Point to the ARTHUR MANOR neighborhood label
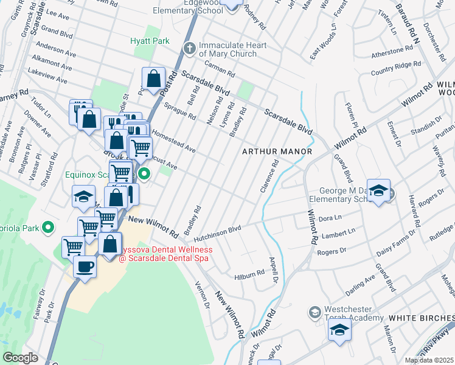point(277,151)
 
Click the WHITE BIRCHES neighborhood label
point(421,318)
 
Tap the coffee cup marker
point(85,266)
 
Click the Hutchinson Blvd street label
point(218,230)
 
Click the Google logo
point(21,358)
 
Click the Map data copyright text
point(429,360)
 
